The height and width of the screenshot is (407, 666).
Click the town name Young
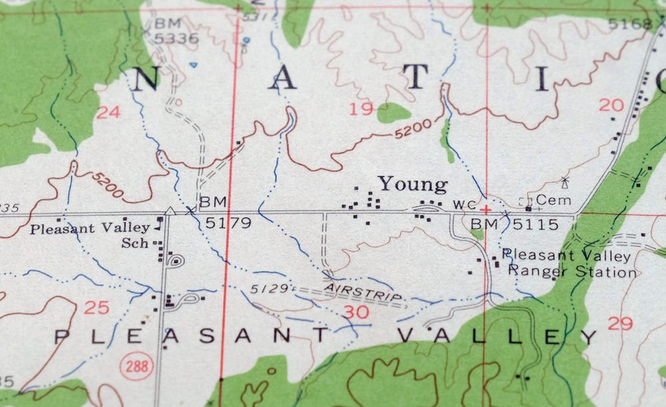(x=413, y=184)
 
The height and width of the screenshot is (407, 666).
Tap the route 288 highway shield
(x=137, y=366)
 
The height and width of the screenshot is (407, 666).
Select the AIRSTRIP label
(x=363, y=292)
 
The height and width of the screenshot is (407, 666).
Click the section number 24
(x=108, y=112)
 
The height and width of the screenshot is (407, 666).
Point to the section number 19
(x=361, y=109)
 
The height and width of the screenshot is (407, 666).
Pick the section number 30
(x=356, y=312)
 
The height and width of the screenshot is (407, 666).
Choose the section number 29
(x=620, y=323)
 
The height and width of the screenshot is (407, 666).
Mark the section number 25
(x=96, y=308)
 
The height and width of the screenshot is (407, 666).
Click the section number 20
(x=611, y=105)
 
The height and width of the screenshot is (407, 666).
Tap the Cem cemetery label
(x=554, y=200)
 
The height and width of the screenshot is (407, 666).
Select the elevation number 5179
(x=228, y=223)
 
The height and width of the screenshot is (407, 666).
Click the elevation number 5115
(x=536, y=225)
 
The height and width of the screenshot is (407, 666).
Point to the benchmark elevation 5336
(x=176, y=38)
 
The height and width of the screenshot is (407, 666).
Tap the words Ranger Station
(x=572, y=272)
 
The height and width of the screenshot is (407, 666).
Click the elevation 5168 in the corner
(x=630, y=24)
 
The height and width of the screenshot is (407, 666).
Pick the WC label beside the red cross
(x=465, y=205)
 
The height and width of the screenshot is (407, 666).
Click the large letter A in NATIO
(x=283, y=79)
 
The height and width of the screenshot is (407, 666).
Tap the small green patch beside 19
(x=393, y=113)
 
